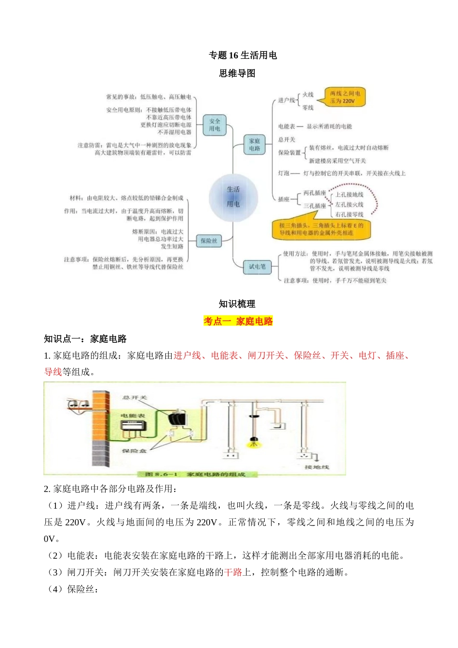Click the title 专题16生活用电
coord(242,55)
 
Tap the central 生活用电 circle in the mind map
coord(233,197)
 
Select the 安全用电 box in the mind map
coord(215,125)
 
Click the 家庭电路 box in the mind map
coord(255,145)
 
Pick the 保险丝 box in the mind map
coord(209,241)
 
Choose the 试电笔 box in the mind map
coord(257,266)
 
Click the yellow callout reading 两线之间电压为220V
coord(345,97)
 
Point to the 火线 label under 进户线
coord(308,94)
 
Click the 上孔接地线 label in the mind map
coord(349,195)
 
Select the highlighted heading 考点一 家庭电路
coord(238,321)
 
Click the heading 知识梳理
coord(237,304)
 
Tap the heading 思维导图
coord(237,73)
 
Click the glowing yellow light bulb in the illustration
coord(253,441)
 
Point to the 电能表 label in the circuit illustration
coord(133,416)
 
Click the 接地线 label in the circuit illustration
coord(317,467)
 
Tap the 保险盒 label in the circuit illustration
coord(134,451)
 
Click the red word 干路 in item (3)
coord(233,572)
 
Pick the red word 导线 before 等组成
coord(53,372)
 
